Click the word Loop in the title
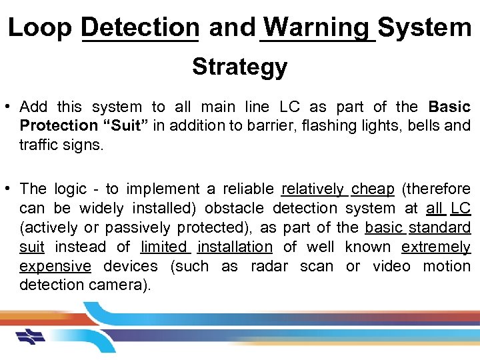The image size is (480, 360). pyautogui.click(x=41, y=28)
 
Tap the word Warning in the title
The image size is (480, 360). pyautogui.click(x=316, y=28)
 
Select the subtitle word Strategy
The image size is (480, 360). pyautogui.click(x=239, y=67)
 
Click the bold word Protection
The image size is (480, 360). pyautogui.click(x=59, y=126)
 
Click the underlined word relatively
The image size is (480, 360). pyautogui.click(x=313, y=189)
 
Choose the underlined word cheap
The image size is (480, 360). pyautogui.click(x=373, y=189)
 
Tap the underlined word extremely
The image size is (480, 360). pyautogui.click(x=436, y=247)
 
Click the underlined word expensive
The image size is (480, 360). pyautogui.click(x=55, y=267)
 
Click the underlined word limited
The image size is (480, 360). pyautogui.click(x=165, y=247)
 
